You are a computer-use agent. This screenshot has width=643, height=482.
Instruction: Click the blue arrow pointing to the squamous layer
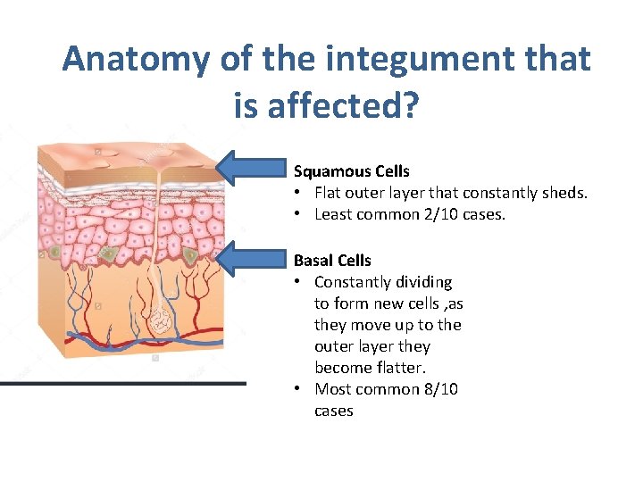(x=254, y=167)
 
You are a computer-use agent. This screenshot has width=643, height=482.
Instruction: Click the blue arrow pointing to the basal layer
(x=254, y=259)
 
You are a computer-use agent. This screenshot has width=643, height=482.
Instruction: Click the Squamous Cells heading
(x=352, y=170)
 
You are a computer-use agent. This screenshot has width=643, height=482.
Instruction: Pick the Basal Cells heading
(x=332, y=260)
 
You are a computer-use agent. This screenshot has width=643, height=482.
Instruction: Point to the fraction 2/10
(x=487, y=214)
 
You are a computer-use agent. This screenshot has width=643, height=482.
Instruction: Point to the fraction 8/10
(x=438, y=389)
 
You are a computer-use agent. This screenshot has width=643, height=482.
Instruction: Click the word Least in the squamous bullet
(x=333, y=214)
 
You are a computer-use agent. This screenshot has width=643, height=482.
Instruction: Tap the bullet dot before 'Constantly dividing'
(x=298, y=282)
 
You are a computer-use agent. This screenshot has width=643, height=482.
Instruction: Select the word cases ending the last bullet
(x=334, y=411)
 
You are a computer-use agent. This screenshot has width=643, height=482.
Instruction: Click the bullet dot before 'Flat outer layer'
(x=298, y=193)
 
